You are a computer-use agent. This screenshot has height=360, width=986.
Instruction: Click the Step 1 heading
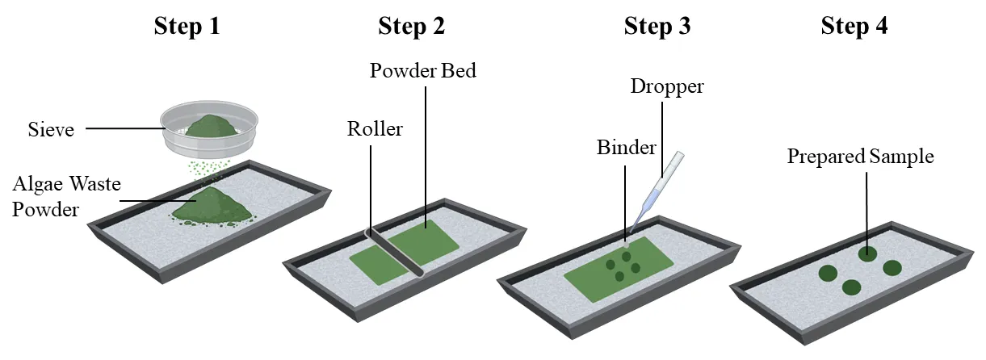click(x=187, y=27)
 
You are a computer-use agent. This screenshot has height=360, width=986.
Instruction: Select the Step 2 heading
click(x=411, y=27)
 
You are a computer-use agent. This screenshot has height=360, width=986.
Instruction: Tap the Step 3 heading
click(x=657, y=27)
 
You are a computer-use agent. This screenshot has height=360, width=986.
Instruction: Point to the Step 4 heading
click(x=854, y=27)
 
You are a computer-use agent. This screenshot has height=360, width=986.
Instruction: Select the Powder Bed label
click(x=422, y=71)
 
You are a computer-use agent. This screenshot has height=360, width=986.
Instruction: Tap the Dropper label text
click(x=666, y=86)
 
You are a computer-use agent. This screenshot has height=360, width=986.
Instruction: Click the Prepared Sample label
click(x=860, y=157)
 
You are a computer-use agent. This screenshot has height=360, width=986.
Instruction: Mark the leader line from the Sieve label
click(x=121, y=128)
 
